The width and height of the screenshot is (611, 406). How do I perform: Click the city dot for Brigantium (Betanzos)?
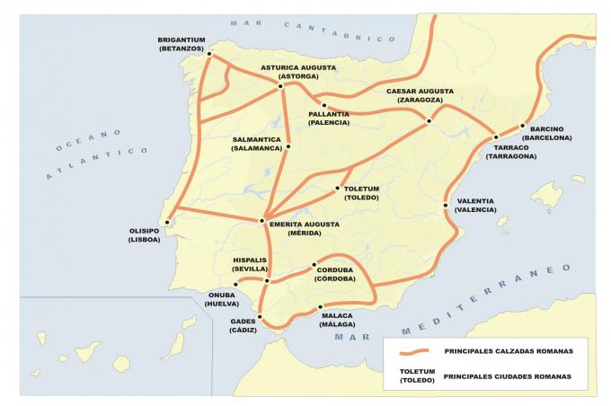(x=209, y=54)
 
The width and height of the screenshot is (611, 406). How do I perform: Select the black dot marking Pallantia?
(x=323, y=105)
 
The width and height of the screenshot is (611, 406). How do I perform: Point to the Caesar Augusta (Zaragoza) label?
(x=420, y=95)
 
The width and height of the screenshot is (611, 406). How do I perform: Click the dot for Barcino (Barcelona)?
(x=522, y=127)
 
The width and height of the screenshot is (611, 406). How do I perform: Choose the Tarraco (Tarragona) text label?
(x=510, y=151)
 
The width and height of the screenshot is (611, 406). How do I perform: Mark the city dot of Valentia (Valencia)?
(x=446, y=206)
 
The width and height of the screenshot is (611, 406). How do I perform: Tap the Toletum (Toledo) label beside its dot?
(x=362, y=193)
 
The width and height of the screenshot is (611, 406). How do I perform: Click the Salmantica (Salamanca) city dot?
(x=289, y=146)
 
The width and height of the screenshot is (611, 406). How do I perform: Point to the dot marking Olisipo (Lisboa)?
(x=166, y=220)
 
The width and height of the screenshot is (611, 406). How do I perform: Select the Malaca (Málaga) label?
(x=336, y=320)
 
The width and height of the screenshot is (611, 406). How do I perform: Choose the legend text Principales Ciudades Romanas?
(x=506, y=375)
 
